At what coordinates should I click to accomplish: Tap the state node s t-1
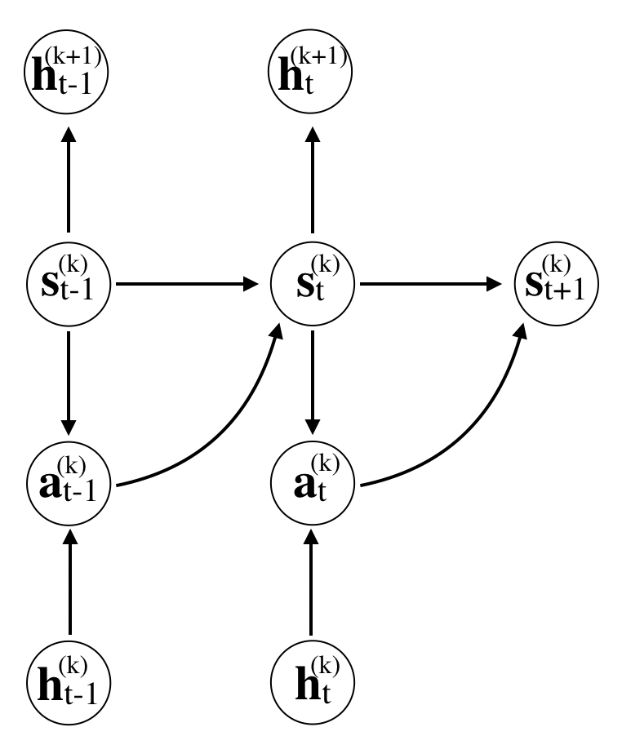69,285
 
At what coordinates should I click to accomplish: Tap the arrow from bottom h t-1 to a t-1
69,583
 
